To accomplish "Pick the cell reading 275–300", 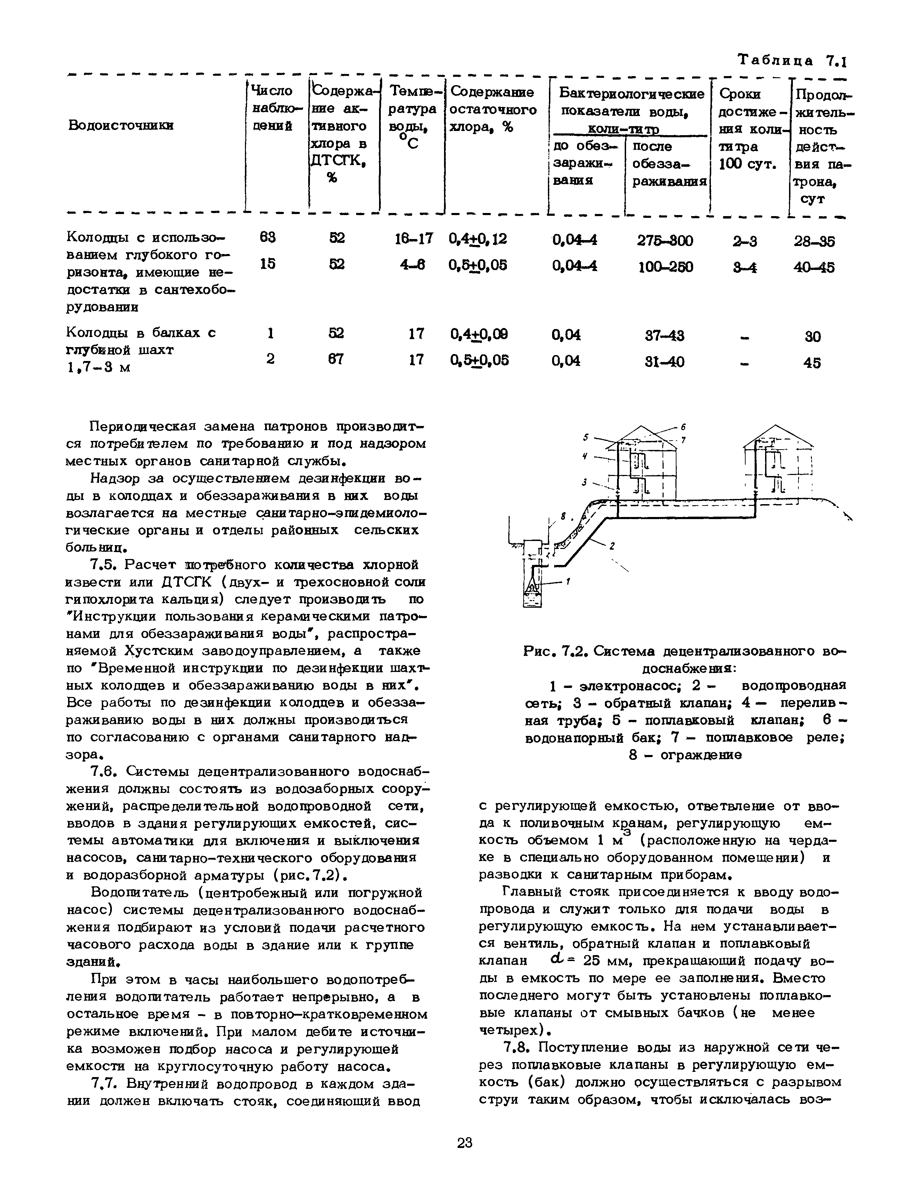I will [x=665, y=240].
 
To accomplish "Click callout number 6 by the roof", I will [x=683, y=427].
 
